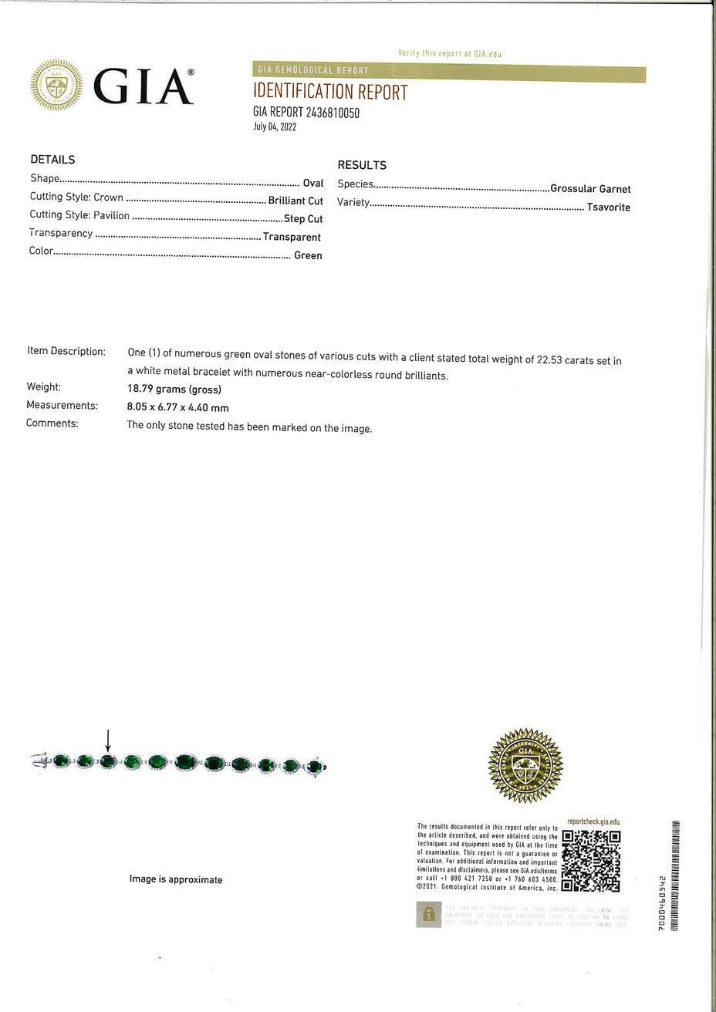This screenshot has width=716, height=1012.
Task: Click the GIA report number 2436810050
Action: click(x=306, y=113)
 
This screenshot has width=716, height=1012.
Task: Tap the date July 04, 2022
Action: click(x=275, y=127)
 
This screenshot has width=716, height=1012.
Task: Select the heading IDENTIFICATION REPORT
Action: click(x=330, y=93)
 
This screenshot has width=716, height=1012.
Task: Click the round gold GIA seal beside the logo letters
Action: click(x=56, y=86)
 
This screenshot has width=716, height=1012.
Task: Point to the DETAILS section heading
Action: click(x=52, y=160)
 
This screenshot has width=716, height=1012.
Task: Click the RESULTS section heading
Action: click(x=362, y=165)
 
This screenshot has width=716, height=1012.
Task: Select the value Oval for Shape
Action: click(x=312, y=183)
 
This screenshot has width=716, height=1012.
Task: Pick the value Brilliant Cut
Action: click(x=296, y=201)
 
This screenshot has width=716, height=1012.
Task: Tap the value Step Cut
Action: click(x=303, y=219)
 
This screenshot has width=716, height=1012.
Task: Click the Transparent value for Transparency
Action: click(x=292, y=238)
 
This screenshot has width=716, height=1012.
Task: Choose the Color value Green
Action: click(x=308, y=255)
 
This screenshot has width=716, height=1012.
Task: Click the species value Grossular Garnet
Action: click(x=590, y=189)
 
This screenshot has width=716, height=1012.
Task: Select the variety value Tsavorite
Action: click(x=608, y=207)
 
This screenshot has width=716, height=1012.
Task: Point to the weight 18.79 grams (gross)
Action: click(x=174, y=389)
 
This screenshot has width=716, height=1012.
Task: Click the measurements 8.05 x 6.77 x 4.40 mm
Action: click(x=177, y=407)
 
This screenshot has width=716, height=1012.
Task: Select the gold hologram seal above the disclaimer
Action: click(x=525, y=765)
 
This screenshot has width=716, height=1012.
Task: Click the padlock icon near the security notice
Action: click(x=427, y=915)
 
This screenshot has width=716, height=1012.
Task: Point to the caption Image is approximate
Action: click(x=176, y=879)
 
